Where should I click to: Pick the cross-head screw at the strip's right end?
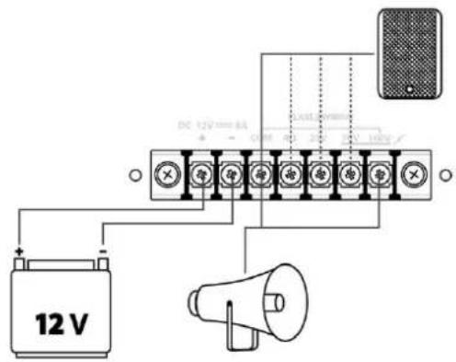[412, 172]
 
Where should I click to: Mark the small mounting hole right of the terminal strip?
[446, 172]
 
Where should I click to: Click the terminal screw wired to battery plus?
[199, 172]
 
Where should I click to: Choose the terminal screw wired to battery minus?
[230, 172]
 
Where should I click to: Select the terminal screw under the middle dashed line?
[320, 172]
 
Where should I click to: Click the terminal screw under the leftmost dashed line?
[290, 172]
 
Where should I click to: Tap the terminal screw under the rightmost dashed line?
[350, 172]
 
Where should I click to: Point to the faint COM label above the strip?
[260, 137]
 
